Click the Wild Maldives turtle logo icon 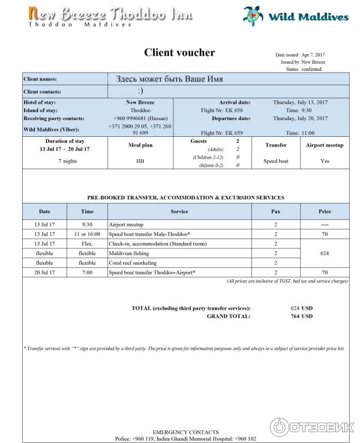[253, 15]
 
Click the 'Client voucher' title [179, 53]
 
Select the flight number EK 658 [215, 110]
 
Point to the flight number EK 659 [215, 133]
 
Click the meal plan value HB [140, 161]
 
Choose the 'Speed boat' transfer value [276, 161]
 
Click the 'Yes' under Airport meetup [325, 161]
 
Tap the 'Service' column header [179, 211]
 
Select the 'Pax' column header [275, 211]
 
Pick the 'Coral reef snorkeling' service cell [133, 263]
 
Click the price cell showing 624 [325, 253]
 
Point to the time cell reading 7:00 [87, 273]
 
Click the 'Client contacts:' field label [42, 91]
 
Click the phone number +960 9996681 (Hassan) [140, 118]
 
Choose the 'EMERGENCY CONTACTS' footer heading [185, 432]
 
